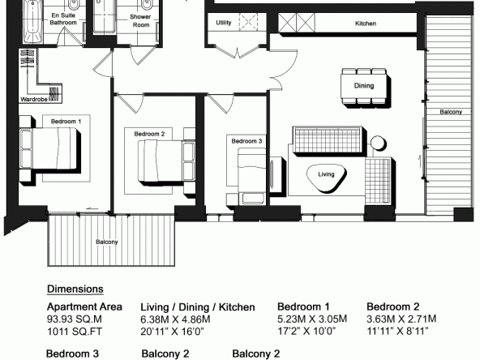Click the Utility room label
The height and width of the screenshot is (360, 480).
(224, 23)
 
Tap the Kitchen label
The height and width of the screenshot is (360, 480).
(366, 24)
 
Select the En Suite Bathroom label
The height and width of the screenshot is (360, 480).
(63, 19)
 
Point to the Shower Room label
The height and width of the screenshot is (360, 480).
(140, 21)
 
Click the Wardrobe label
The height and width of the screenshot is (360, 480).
(34, 99)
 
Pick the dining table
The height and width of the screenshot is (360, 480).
(364, 86)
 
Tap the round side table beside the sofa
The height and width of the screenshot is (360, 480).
(378, 143)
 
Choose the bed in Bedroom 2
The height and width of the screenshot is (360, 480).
(166, 161)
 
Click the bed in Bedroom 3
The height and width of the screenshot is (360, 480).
(251, 176)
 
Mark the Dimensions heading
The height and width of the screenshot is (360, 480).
(75, 289)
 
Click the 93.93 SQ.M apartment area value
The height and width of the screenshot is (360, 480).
(75, 319)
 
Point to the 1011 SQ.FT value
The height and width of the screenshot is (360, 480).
(75, 332)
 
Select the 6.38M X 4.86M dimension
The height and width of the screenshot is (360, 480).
(175, 319)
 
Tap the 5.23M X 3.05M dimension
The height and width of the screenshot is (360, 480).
(312, 319)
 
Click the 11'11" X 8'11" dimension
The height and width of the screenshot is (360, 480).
(397, 331)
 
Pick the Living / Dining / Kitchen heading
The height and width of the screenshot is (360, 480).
(198, 307)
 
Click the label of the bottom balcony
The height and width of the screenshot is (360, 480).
(107, 242)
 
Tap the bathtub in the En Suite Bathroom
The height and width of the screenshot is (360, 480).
(32, 21)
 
